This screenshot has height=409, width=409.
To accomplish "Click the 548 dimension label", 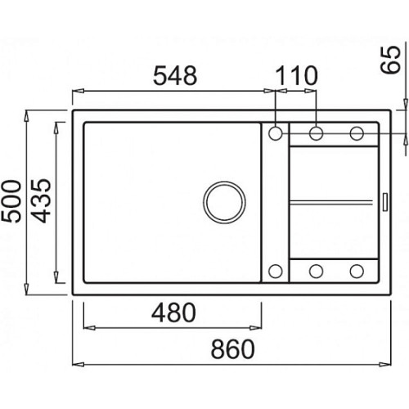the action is point(175,75).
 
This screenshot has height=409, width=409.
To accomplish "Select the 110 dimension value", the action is point(296,75).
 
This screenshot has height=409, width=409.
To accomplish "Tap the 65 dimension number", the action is point(391,60).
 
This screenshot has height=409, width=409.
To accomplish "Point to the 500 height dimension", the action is point(11,201).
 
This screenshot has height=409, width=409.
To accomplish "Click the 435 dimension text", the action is point(41,200).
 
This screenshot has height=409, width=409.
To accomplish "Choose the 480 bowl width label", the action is point(173,312).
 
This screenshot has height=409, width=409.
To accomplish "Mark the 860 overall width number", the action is point(233,349).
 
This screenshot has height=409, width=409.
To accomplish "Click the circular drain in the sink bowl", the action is point(224,202).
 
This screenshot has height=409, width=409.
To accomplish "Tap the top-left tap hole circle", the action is point(276,133).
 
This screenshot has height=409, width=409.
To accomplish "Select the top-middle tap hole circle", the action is point(317,133).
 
